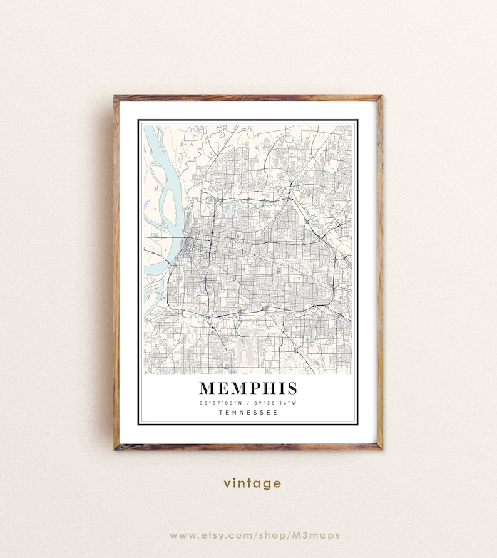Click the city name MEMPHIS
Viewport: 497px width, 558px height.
point(248,388)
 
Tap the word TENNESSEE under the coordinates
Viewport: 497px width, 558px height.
point(248,412)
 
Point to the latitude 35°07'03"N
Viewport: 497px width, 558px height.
point(219,403)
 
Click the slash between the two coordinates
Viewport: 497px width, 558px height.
point(248,403)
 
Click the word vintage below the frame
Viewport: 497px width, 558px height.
point(252,483)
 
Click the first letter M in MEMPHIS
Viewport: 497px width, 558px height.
point(208,388)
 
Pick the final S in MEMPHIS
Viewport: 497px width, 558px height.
point(291,388)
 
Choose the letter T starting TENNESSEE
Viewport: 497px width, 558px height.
point(221,412)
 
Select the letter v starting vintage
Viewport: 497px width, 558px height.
point(227,484)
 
